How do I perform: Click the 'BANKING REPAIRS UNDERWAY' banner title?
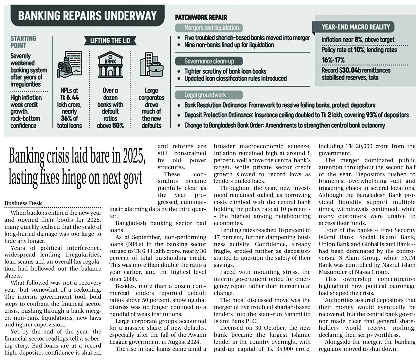[x=87, y=16]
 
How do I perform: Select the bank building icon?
[x=110, y=65]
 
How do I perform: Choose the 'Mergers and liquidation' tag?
[x=211, y=28]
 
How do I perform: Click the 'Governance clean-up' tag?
[x=209, y=61]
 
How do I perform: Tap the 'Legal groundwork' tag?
[x=205, y=95]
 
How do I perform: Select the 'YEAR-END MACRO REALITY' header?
[x=356, y=27]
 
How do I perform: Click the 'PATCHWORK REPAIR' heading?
[x=201, y=17]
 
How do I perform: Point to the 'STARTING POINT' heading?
[x=23, y=42]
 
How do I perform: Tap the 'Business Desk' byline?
[x=23, y=203]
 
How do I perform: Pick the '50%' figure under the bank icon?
[x=118, y=126]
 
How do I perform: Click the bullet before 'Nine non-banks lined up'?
[x=179, y=45]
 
